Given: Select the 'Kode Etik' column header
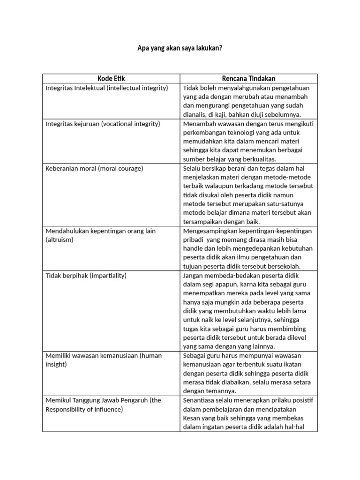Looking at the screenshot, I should pos(111,79).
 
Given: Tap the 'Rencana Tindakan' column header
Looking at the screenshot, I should pos(248,79).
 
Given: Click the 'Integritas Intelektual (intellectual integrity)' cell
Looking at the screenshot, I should pos(106,88).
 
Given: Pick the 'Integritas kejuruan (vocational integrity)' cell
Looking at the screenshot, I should pos(103,124).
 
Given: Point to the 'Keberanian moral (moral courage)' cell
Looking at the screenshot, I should pos(94,168).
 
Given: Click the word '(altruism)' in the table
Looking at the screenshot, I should pos(60,240).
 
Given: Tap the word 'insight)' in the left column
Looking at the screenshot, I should pos(56,364).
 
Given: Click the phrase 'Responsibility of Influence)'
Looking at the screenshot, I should pos(84,409).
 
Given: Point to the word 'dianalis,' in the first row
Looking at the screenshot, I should pos(196,114).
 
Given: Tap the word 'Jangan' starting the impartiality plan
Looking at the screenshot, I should pos(193,276).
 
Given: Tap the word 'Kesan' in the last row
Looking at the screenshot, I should pos(192,418).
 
